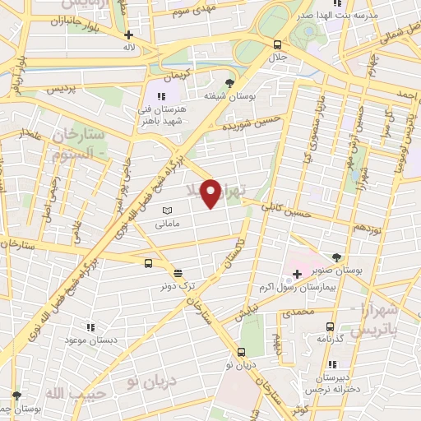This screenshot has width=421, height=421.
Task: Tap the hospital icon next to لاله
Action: coord(128,35)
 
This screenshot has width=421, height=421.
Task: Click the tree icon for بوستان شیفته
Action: coord(229,82)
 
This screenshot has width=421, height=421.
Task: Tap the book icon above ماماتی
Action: coord(168,211)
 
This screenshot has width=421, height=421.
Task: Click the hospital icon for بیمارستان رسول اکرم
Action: coord(297,273)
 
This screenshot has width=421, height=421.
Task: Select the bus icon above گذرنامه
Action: coord(330,326)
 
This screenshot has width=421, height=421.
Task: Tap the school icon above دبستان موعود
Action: coord(91,327)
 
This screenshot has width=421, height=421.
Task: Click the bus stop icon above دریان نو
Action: coord(239,352)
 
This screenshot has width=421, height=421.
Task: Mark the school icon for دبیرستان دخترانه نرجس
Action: coord(332,364)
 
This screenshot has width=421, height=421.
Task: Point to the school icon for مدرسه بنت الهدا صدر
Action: coord(337,3)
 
